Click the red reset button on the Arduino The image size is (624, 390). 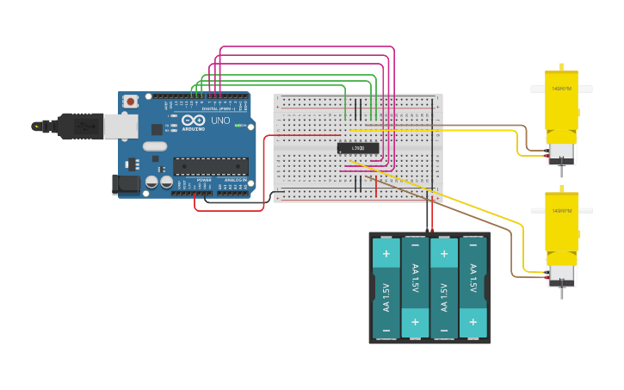coord(130,102)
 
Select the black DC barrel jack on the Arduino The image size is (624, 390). coord(126,183)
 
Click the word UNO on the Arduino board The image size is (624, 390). coord(220,121)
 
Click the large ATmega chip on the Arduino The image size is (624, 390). coord(210,166)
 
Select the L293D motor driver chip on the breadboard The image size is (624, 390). coord(357,148)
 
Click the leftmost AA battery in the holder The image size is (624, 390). coord(386,288)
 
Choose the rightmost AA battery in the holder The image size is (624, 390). coord(473,288)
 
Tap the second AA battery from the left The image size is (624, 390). coord(415,288)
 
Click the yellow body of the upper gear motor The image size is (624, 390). coord(561,103)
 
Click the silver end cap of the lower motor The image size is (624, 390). coord(562,275)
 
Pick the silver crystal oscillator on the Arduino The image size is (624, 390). coord(155,146)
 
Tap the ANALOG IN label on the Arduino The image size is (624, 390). coord(235,180)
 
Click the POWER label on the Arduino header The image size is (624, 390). coord(204,180)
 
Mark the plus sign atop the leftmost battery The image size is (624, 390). coord(386,253)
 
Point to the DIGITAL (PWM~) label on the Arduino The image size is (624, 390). coord(218,109)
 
